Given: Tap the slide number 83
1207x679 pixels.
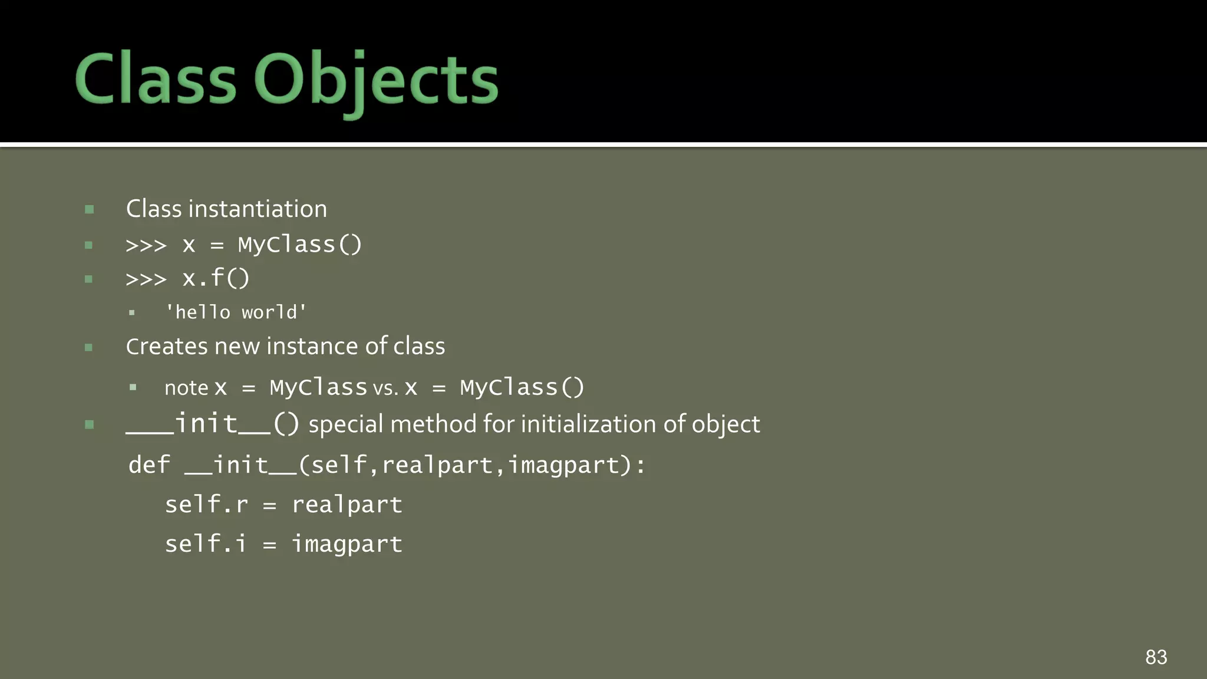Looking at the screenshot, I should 1156,657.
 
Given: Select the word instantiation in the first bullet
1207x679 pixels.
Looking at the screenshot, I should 258,209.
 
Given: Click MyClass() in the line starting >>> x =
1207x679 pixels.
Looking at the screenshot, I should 300,245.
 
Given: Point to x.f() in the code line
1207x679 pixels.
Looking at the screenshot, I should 216,278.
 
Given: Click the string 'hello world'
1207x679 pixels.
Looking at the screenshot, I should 236,312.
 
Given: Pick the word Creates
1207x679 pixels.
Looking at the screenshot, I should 167,347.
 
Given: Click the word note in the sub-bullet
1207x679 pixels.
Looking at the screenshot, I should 186,388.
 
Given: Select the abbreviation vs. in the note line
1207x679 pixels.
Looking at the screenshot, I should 385,388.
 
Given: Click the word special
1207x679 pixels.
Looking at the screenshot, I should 346,424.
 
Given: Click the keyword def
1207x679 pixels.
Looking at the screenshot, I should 149,465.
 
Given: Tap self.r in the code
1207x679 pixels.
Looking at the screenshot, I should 206,505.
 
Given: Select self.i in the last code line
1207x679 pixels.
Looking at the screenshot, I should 205,543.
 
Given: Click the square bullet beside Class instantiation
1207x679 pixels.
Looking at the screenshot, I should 90,209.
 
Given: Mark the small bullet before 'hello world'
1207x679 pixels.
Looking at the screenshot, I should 132,312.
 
